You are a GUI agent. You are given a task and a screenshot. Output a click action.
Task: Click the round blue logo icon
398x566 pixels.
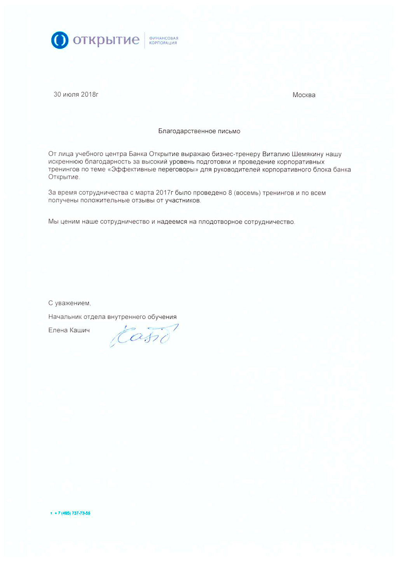pos(60,40)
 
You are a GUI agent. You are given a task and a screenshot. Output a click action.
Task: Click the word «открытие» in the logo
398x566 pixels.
pos(106,40)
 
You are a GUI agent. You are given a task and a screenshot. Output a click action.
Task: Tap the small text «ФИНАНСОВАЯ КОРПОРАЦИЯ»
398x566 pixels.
pos(163,40)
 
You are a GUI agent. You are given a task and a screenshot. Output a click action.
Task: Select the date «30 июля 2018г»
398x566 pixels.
pos(76,94)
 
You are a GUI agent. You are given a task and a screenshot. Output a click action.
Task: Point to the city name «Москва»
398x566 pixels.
pos(304,95)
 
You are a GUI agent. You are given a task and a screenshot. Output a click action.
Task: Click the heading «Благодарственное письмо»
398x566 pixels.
pos(199,131)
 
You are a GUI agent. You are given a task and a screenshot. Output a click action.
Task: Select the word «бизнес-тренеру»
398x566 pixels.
pos(236,154)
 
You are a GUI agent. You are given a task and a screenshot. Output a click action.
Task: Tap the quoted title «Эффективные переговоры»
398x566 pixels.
pos(153,170)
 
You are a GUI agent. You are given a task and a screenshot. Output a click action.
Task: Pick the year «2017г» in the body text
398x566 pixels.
pos(164,193)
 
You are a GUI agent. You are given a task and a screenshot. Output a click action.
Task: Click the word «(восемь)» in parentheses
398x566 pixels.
pos(247,193)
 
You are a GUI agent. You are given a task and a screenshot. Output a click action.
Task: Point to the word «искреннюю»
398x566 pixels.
pos(65,162)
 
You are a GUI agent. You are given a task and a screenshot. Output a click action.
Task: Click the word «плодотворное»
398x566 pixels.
pos(220,222)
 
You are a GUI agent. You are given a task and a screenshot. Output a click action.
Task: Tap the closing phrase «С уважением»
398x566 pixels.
pos(69,303)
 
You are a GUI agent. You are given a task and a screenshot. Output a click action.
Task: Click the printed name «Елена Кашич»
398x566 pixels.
pos(69,330)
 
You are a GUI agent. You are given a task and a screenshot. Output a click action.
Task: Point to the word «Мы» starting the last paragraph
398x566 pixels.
pos(53,222)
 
